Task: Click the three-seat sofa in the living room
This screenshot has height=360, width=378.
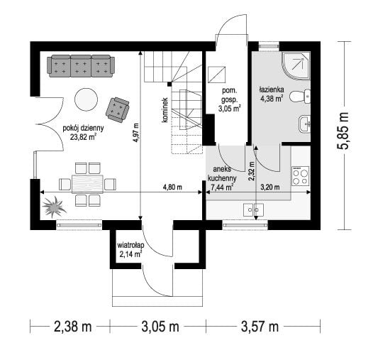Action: pyautogui.click(x=81, y=66)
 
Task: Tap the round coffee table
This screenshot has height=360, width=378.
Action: pyautogui.click(x=86, y=99)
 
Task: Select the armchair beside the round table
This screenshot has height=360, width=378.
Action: pyautogui.click(x=118, y=109)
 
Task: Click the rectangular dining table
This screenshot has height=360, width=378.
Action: pyautogui.click(x=87, y=184)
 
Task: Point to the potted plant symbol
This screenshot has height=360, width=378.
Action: pyautogui.click(x=54, y=207)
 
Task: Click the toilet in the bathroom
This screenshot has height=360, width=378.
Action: pyautogui.click(x=300, y=97)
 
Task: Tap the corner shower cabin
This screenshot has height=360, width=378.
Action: pyautogui.click(x=295, y=65)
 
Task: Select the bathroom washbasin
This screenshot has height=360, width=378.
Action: pyautogui.click(x=304, y=124)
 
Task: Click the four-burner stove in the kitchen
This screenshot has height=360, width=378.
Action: pyautogui.click(x=300, y=176)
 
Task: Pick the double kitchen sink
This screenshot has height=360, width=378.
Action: pyautogui.click(x=253, y=209)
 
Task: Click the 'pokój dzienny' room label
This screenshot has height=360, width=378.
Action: pyautogui.click(x=83, y=128)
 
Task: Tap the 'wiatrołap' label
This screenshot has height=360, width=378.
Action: pyautogui.click(x=130, y=245)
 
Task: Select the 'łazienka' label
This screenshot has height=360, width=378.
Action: pyautogui.click(x=272, y=89)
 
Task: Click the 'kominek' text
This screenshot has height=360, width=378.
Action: pyautogui.click(x=165, y=110)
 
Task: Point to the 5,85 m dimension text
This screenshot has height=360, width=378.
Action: pyautogui.click(x=343, y=131)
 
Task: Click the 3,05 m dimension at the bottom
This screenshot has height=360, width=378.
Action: pyautogui.click(x=160, y=327)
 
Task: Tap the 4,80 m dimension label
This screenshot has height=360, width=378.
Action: pyautogui.click(x=172, y=187)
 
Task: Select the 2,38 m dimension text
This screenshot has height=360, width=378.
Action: pyautogui.click(x=72, y=327)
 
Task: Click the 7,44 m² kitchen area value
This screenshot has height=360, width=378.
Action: pyautogui.click(x=222, y=187)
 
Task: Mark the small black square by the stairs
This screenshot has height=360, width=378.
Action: pyautogui.click(x=169, y=84)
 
